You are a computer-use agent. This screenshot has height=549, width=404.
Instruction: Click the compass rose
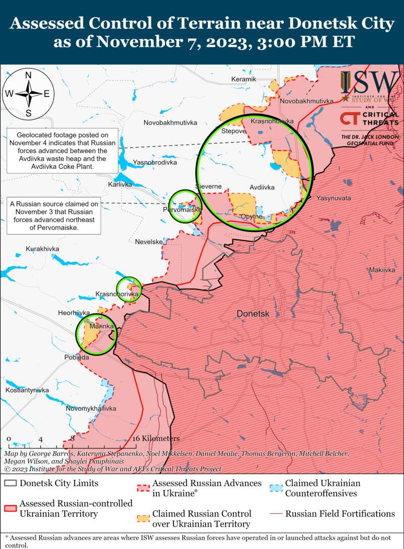(x=29, y=94)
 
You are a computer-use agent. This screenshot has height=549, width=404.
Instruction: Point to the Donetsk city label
(x=253, y=314)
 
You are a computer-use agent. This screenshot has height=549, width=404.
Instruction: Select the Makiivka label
(x=382, y=270)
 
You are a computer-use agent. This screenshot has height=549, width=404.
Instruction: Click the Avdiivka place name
(x=262, y=188)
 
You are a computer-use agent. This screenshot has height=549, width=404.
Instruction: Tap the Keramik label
(x=244, y=79)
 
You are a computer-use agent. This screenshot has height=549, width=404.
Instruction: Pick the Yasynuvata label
(x=333, y=198)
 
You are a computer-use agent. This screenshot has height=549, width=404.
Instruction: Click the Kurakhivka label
(x=42, y=249)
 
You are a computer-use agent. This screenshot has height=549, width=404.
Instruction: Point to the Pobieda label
(x=77, y=357)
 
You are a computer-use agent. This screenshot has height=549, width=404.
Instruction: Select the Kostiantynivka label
(x=27, y=390)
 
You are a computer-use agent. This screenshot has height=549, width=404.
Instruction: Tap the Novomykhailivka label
(x=91, y=408)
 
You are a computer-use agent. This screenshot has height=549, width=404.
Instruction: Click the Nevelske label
(x=148, y=242)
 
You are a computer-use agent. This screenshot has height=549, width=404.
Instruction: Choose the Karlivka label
(x=120, y=185)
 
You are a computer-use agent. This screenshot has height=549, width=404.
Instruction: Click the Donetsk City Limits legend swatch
(x=10, y=483)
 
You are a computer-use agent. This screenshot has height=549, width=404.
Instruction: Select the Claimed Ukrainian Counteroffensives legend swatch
(x=276, y=488)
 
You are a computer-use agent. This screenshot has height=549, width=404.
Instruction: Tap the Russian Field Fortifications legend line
(x=276, y=514)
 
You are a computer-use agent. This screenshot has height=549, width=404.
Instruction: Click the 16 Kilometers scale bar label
(x=156, y=438)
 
